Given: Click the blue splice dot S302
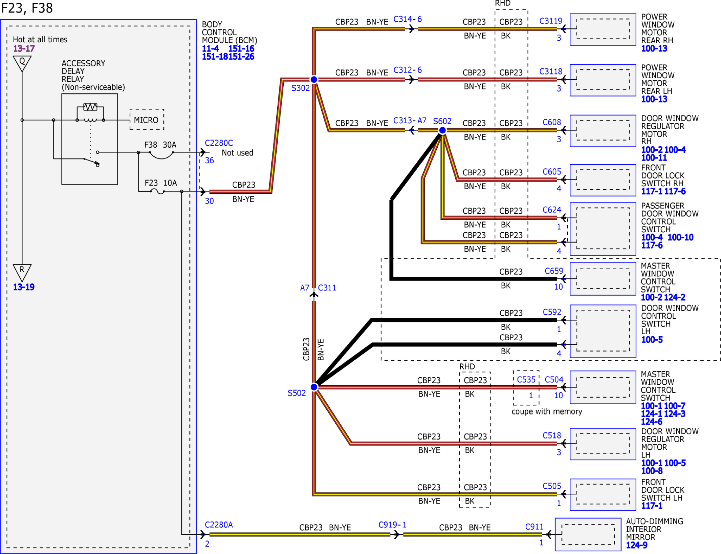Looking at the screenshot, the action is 314,80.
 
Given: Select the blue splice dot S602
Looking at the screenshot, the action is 442,130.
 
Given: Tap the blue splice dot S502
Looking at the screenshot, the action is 314,387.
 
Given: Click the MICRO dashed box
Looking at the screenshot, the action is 147,120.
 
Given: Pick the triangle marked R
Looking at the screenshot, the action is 22,272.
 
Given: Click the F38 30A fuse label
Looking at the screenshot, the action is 160,145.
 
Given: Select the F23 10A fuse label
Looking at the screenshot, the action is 161,183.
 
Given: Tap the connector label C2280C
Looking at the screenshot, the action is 219,143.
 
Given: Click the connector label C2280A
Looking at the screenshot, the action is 219,525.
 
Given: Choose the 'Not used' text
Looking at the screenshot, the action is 237,153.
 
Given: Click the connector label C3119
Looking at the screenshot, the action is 551,21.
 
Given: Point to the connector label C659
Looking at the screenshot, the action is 554,271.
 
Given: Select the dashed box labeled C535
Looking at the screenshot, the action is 526,388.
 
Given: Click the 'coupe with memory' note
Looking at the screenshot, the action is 547,411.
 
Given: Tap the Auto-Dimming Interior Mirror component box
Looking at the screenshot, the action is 588,534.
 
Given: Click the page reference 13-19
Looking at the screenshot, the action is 24,287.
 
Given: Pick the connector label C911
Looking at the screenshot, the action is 534,527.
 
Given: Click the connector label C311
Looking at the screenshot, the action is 327,288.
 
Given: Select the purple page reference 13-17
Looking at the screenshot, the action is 24,48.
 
